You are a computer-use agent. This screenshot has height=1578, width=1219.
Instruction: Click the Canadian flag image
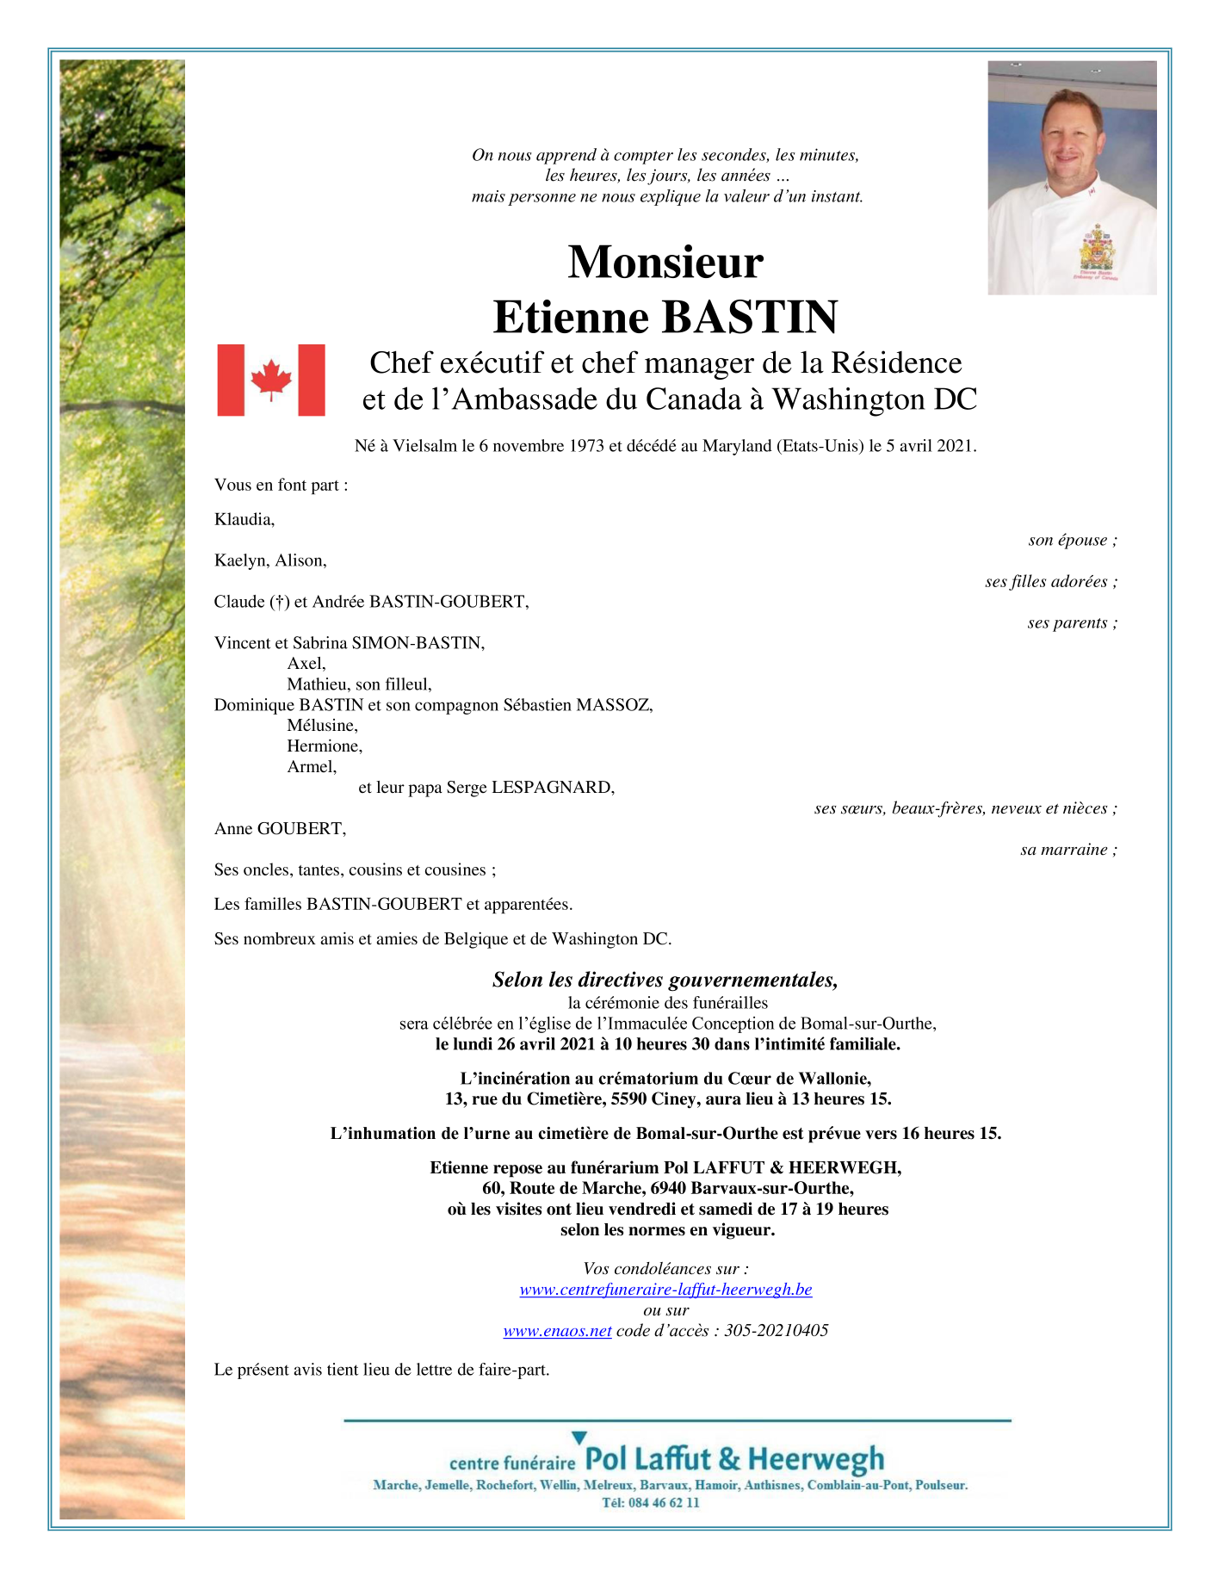click(271, 380)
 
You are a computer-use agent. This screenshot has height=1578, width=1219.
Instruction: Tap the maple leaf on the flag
click(271, 380)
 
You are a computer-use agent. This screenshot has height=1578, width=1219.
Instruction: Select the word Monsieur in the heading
click(665, 262)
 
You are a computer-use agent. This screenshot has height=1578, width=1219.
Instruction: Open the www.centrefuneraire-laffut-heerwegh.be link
click(665, 1290)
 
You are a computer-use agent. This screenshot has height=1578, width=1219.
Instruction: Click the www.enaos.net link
click(557, 1331)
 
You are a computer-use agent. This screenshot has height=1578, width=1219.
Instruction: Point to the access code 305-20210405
click(776, 1331)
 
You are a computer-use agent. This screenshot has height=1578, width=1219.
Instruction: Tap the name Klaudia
click(244, 519)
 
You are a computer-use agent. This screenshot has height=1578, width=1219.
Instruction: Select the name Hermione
click(325, 746)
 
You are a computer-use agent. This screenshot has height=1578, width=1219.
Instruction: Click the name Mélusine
click(322, 726)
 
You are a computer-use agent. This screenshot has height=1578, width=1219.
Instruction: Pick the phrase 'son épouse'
click(1068, 541)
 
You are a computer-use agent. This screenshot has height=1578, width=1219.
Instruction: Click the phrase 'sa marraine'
click(1064, 850)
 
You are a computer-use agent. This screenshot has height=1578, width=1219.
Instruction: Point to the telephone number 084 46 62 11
click(662, 1503)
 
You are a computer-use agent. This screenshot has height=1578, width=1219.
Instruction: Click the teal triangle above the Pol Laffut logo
click(579, 1437)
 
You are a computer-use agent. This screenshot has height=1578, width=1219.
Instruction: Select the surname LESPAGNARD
click(552, 788)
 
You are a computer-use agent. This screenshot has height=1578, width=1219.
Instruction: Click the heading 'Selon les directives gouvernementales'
click(665, 980)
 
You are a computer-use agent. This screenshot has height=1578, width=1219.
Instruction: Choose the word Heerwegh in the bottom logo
click(815, 1460)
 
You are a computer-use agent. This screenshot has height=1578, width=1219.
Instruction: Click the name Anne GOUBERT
click(280, 829)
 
